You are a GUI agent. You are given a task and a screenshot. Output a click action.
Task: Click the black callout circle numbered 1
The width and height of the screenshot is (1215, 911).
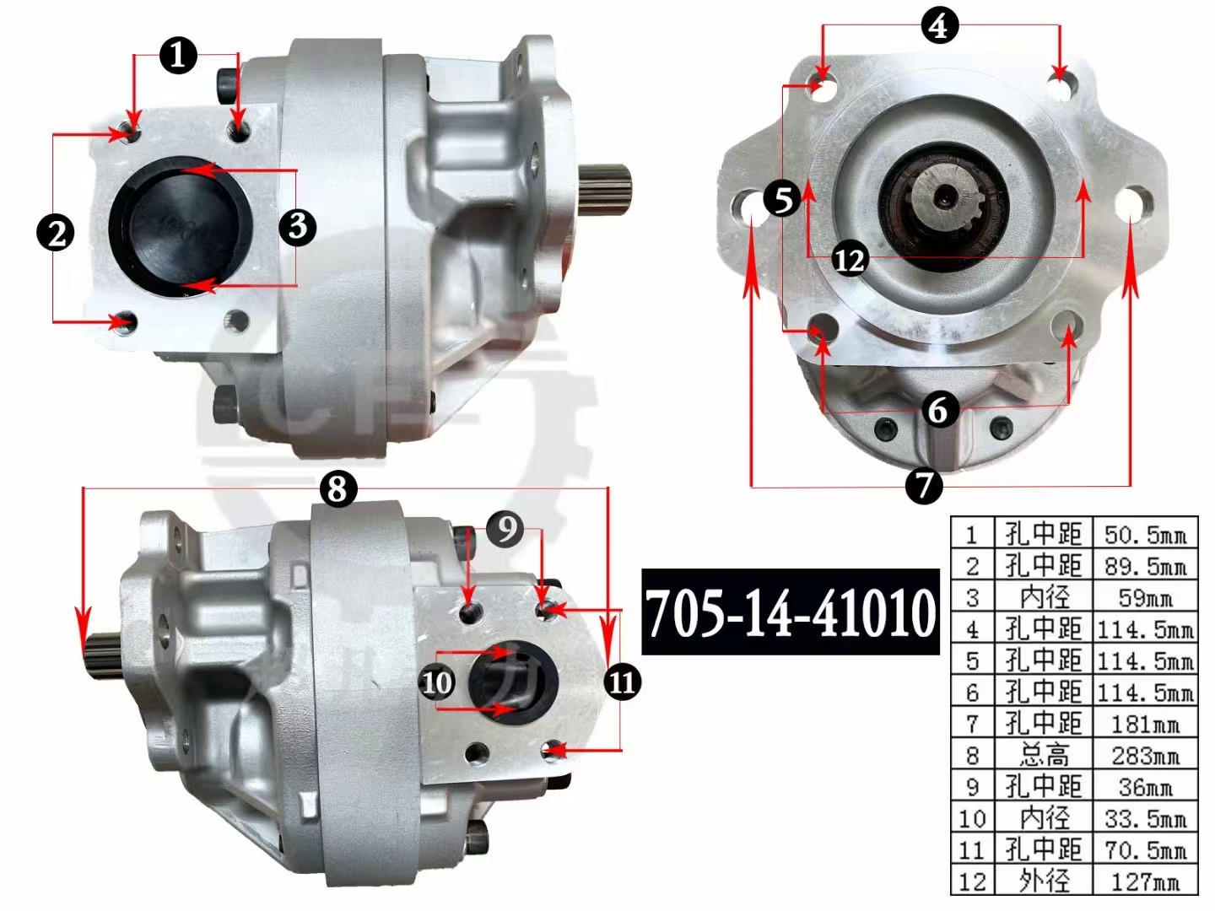coord(178,56)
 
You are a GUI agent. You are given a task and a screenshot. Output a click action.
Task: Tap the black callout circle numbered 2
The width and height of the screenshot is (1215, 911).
coord(57,233)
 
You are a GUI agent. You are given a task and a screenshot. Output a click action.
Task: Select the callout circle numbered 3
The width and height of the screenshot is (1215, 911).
coord(297,226)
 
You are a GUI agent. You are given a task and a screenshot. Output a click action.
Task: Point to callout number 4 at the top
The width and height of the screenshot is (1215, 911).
coord(939,26)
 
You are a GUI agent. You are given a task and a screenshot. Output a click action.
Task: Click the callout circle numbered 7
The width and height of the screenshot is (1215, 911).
coord(923,485)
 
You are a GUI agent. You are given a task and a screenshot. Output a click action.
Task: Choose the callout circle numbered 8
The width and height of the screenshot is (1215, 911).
coord(337,488)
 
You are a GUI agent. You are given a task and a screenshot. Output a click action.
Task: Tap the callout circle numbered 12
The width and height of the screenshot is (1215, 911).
coord(850,259)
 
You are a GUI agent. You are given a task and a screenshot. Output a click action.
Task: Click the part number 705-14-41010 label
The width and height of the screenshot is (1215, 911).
coord(791,612)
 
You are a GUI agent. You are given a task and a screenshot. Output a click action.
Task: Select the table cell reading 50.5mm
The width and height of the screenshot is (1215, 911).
coord(1145,535)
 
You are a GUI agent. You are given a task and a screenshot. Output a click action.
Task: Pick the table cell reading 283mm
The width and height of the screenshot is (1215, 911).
coord(1145,756)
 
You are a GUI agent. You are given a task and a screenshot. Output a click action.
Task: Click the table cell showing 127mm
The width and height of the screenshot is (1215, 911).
coord(1145,881)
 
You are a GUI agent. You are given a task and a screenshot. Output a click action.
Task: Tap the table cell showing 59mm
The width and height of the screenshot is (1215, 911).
coord(1145,598)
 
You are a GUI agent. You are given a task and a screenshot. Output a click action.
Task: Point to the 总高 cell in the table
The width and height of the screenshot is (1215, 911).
coord(1044,756)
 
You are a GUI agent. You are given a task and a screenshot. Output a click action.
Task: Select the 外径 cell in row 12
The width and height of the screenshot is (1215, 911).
coord(1044,881)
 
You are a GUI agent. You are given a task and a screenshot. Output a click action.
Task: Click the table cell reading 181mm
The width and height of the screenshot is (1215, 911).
coord(1145,724)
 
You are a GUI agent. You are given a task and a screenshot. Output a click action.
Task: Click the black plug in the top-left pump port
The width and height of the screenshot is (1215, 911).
coord(181,228)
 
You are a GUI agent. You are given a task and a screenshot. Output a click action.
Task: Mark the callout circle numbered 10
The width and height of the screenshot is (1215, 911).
coord(437,682)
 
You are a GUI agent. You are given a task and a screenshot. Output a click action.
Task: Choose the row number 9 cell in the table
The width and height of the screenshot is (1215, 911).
coord(972,787)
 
